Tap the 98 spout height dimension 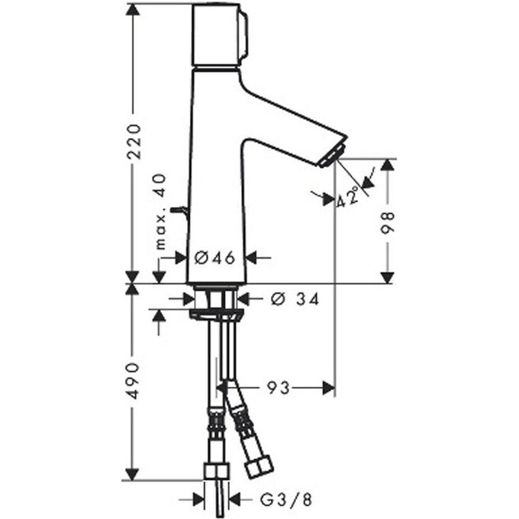(x=387, y=221)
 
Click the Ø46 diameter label (x=214, y=258)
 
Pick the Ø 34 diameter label (x=295, y=299)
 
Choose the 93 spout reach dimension (x=279, y=388)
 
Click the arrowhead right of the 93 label (x=328, y=388)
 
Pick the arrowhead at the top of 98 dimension (x=387, y=166)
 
